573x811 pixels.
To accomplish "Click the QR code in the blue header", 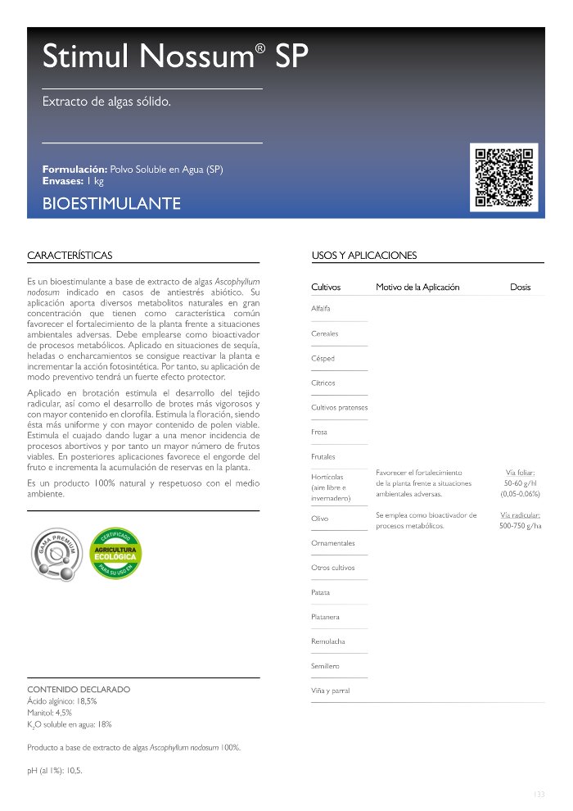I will point(504,177).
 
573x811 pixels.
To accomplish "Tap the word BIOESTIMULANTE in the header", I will point(111,203).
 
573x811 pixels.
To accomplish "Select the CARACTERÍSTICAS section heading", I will point(70,256).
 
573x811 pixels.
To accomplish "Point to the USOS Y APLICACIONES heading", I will point(364,256).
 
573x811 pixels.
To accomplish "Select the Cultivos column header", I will point(326,288).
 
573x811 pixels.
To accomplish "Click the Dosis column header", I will point(520,288).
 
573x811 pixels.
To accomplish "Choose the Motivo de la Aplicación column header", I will point(417,288).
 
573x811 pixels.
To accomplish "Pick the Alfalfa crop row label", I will point(322,309).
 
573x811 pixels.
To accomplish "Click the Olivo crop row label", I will point(320,519).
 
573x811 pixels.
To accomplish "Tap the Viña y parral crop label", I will point(331,691).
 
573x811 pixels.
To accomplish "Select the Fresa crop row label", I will point(319,432).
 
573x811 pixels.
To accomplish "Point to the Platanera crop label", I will point(326,617).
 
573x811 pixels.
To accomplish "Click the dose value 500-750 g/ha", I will point(520,526).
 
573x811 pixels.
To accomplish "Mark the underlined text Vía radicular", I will point(520,514).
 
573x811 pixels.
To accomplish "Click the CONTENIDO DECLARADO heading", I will point(79,690).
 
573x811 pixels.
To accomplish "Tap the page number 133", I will point(538,794).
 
